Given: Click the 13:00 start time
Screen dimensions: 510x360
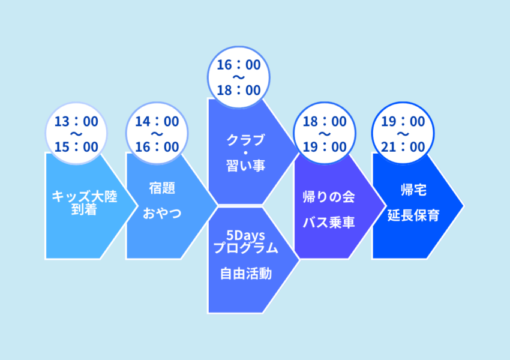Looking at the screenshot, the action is (76, 122).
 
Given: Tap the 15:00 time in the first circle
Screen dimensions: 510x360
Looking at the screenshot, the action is (76, 147).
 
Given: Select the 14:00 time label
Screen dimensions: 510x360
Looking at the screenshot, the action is (157, 122).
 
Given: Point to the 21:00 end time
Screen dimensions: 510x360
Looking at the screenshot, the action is (403, 147).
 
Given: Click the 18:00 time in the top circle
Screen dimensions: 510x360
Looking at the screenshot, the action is (239, 91).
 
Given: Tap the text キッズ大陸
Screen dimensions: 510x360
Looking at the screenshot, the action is (85, 196).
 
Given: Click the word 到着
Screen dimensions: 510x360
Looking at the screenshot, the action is (84, 209).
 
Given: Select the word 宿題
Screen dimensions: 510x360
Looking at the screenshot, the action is (163, 188).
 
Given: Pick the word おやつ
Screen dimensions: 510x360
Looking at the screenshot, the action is (163, 214).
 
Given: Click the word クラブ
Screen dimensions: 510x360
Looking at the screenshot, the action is (246, 140).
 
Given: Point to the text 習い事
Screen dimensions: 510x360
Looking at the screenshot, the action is (246, 166).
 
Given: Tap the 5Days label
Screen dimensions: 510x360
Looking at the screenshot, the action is (245, 235).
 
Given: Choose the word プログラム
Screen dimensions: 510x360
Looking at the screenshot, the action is (246, 248).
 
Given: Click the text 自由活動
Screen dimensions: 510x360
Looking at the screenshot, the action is (246, 274).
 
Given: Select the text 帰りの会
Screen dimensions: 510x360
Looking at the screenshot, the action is (329, 197).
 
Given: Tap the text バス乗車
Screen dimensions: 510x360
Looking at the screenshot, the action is (329, 223).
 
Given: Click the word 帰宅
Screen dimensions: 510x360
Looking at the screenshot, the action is (414, 190).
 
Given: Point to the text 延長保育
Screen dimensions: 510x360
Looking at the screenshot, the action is (414, 215).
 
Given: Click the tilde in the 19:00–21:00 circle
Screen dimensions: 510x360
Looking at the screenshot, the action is (403, 134).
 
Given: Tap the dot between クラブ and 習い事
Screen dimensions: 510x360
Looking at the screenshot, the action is (246, 153).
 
